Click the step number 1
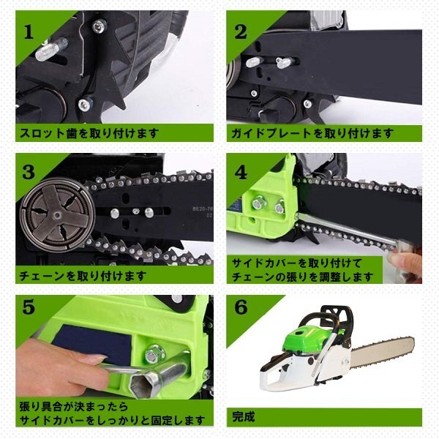[29, 32]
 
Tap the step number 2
[241, 32]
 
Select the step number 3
[29, 172]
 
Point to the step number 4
[241, 172]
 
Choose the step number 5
[29, 307]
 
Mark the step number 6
[241, 307]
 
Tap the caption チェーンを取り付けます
[83, 276]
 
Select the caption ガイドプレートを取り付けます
[312, 133]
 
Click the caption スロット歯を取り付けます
[89, 133]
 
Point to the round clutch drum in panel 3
[57, 214]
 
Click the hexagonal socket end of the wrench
[142, 385]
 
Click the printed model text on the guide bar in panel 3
[203, 212]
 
